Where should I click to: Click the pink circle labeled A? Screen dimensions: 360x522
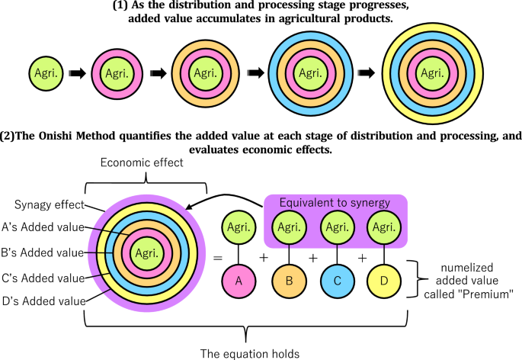(238, 281)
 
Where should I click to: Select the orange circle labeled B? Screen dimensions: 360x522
(288, 281)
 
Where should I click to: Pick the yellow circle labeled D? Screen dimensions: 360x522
(385, 281)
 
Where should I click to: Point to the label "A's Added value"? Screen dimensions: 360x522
(43, 227)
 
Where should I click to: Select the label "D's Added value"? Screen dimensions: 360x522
(43, 302)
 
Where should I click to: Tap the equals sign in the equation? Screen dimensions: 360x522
(217, 259)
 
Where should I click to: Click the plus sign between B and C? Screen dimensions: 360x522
(313, 258)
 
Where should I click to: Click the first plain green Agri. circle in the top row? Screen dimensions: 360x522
(45, 73)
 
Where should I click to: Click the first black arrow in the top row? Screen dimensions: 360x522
(76, 74)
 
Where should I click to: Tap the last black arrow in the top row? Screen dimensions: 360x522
(367, 73)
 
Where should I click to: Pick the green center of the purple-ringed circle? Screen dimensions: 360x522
(144, 252)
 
